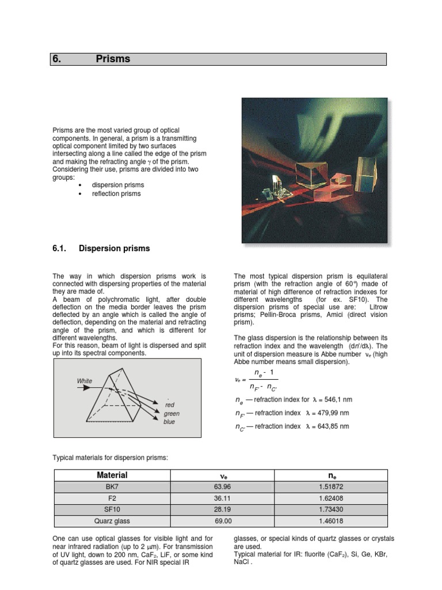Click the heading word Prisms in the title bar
pyautogui.click(x=113, y=59)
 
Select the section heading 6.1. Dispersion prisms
pyautogui.click(x=101, y=248)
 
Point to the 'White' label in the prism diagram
pyautogui.click(x=85, y=381)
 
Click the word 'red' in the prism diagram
pyautogui.click(x=169, y=405)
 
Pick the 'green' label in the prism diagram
pyautogui.click(x=172, y=414)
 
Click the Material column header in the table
pyautogui.click(x=112, y=475)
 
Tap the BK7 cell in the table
pyautogui.click(x=112, y=487)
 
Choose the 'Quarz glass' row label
pyautogui.click(x=112, y=521)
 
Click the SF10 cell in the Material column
pyautogui.click(x=112, y=510)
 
